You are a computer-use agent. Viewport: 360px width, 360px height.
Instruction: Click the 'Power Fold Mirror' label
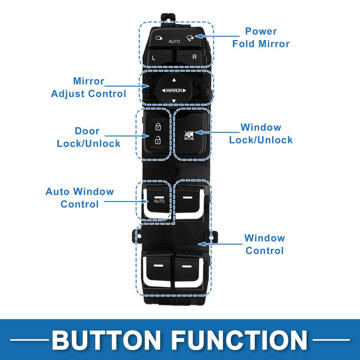261,37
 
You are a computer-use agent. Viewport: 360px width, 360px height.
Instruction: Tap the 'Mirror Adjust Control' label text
89,88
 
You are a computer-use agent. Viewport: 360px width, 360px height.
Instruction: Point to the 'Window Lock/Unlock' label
261,134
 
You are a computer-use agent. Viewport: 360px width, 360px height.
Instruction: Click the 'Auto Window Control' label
80,198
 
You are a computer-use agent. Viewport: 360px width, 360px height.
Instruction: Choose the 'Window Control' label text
265,244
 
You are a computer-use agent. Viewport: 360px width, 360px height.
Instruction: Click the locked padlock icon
158,126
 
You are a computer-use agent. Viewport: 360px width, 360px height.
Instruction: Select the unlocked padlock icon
158,140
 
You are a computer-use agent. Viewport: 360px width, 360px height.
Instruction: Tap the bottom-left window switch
157,270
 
